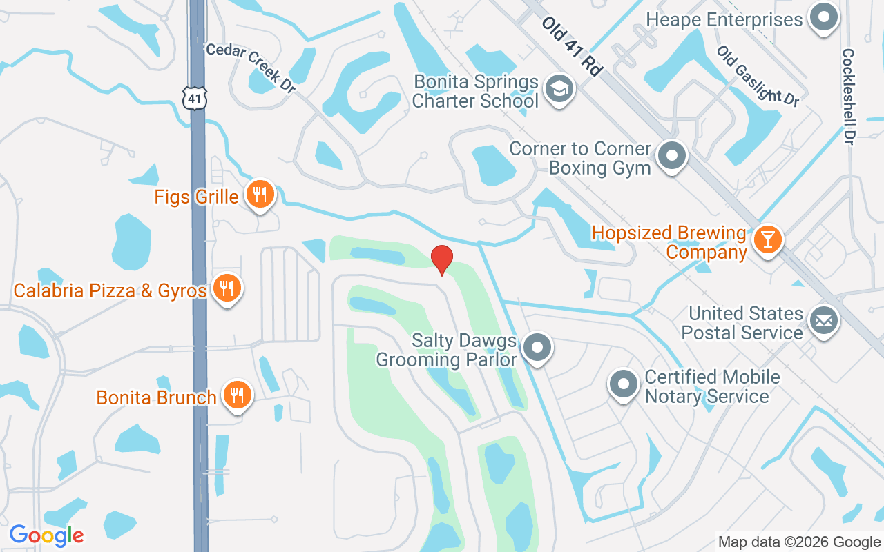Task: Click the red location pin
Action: click(441, 259)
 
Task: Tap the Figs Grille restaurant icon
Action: click(260, 195)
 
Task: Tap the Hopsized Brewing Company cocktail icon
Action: click(767, 240)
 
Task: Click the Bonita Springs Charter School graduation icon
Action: click(559, 90)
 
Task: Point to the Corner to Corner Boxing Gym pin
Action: click(671, 157)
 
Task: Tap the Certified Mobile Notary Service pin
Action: click(624, 385)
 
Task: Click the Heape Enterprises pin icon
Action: click(823, 18)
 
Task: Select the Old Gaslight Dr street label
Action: click(757, 76)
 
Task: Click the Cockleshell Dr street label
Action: click(848, 96)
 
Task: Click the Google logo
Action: click(46, 535)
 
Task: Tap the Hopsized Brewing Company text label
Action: click(669, 242)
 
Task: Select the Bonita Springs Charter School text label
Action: click(476, 91)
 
